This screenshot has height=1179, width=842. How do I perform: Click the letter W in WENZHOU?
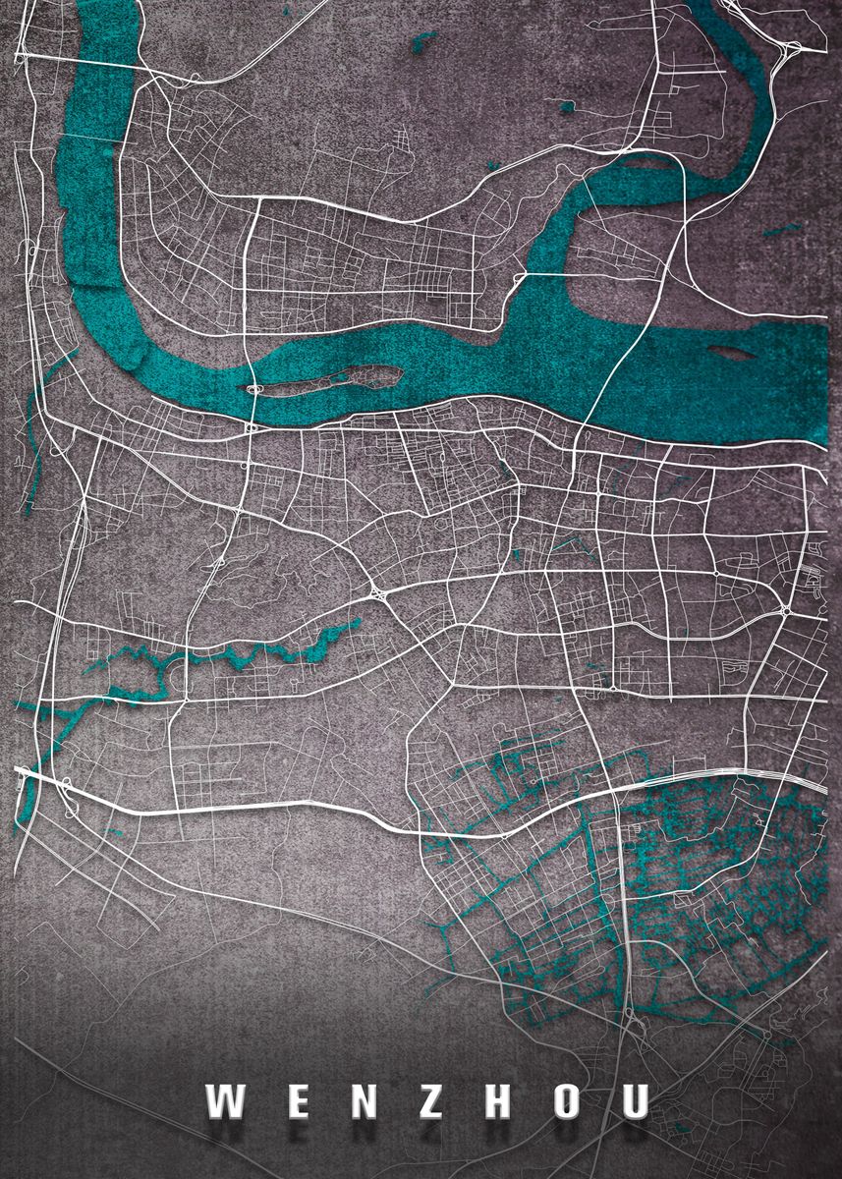pyautogui.click(x=224, y=1102)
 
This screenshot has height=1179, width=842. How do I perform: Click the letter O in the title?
pyautogui.click(x=566, y=1102)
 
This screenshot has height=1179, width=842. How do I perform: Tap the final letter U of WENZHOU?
pyautogui.click(x=634, y=1102)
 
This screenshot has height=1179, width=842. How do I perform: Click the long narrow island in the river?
pyautogui.click(x=334, y=380)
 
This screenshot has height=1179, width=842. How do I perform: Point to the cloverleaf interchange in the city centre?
pyautogui.click(x=377, y=592)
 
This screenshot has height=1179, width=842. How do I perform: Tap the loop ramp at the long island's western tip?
pyautogui.click(x=255, y=390)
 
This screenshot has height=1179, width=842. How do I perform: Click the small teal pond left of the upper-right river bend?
pyautogui.click(x=566, y=104)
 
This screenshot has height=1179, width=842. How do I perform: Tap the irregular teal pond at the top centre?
pyautogui.click(x=424, y=40)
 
